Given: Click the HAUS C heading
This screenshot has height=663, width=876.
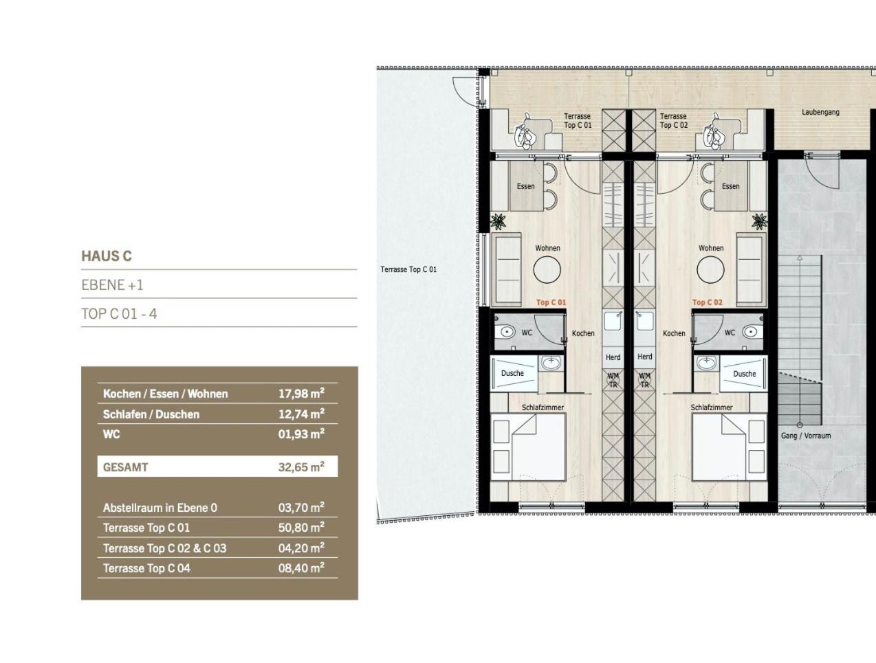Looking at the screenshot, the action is [x=107, y=256].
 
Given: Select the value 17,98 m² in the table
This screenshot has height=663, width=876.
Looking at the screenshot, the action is [x=301, y=394].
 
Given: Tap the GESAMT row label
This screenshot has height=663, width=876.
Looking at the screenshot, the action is [x=125, y=467].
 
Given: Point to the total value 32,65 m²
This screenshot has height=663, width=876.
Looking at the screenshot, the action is [x=301, y=467].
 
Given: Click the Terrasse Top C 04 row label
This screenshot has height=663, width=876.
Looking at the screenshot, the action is [x=146, y=568].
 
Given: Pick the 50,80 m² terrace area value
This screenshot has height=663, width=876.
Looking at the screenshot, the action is [x=301, y=528].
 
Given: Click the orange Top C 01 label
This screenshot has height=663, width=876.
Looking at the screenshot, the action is [x=551, y=302].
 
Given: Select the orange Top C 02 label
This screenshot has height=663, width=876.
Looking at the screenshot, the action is [x=707, y=302].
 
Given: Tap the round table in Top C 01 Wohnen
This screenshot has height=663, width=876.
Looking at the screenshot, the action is [x=547, y=269].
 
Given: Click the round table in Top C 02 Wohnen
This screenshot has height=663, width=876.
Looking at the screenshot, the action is [x=710, y=269].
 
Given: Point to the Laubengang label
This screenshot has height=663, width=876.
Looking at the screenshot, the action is [x=820, y=113].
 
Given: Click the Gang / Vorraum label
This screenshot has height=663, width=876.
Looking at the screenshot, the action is [x=806, y=436].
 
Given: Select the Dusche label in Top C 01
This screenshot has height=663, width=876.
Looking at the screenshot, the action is [x=512, y=373].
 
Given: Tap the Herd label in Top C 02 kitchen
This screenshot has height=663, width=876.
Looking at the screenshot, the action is [x=644, y=357].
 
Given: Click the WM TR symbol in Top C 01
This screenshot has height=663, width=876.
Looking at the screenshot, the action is [x=613, y=380].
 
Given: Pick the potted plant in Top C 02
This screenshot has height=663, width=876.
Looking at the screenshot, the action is [x=759, y=222].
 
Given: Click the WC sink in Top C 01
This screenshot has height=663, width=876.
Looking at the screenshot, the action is [x=507, y=332].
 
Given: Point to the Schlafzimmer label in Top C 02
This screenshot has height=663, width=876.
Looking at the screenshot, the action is [x=712, y=407].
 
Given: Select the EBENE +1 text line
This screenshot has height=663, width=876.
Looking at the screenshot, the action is [x=112, y=285].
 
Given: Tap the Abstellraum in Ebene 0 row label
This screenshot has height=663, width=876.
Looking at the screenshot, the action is [x=160, y=508].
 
